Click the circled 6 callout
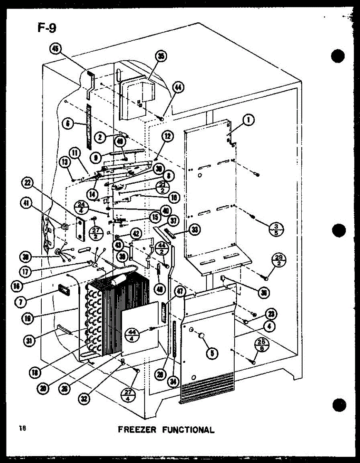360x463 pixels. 68,124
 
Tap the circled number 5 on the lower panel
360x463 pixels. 212,352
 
